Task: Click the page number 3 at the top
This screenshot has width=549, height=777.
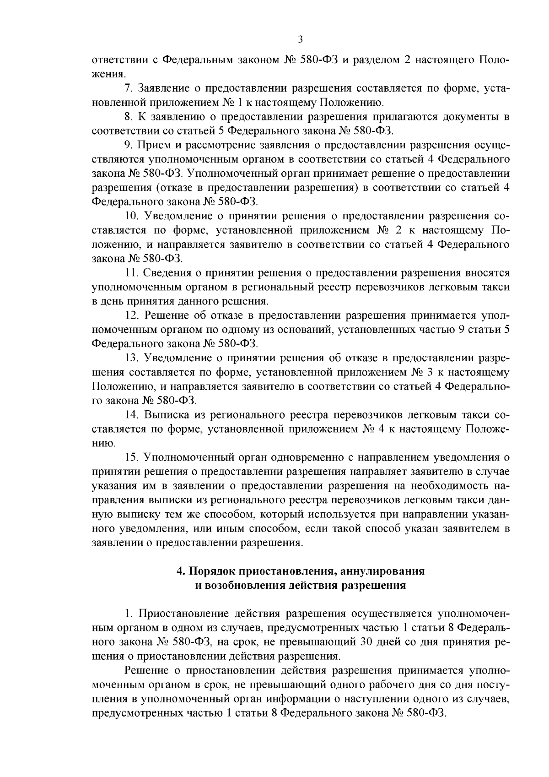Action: pos(300,39)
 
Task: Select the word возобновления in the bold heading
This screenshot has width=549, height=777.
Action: pos(247,586)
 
